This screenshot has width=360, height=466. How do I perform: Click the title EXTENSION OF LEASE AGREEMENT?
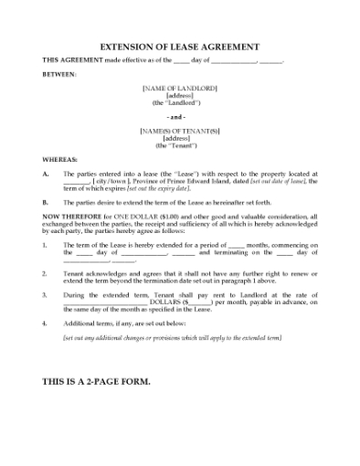point(179,47)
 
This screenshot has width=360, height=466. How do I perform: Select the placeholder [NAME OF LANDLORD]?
point(179,88)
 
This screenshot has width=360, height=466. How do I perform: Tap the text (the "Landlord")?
point(179,102)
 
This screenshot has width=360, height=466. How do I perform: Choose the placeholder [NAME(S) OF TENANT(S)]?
point(179,131)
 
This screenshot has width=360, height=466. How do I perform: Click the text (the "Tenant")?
point(179,145)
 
